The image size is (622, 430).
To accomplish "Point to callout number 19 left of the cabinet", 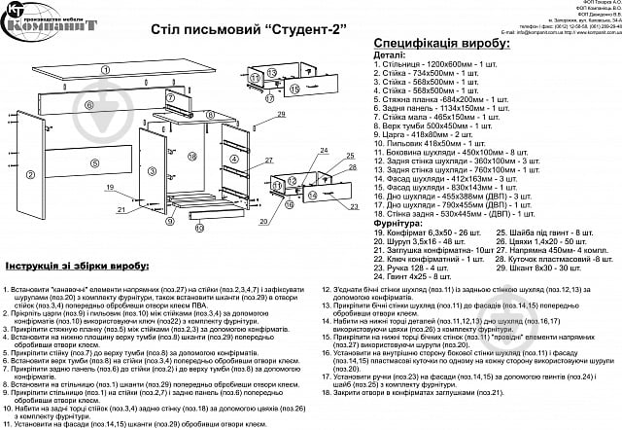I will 111,187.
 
